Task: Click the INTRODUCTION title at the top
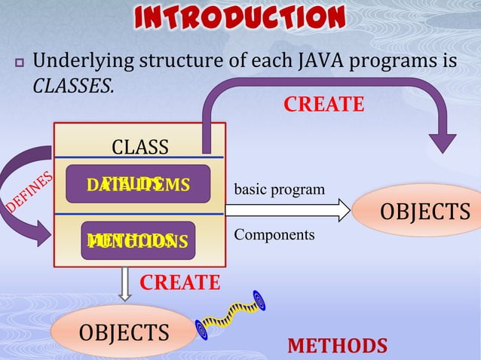tap(240, 18)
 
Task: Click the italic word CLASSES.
tap(73, 87)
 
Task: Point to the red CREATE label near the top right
tap(323, 105)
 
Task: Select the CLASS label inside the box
tap(139, 146)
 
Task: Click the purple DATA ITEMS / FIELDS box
tap(137, 185)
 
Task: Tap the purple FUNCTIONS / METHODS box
tap(137, 240)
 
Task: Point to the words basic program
tap(279, 188)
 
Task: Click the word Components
tap(274, 235)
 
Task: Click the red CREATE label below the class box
tap(180, 283)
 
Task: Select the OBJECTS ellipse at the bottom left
tap(124, 331)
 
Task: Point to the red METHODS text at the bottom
tap(337, 346)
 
